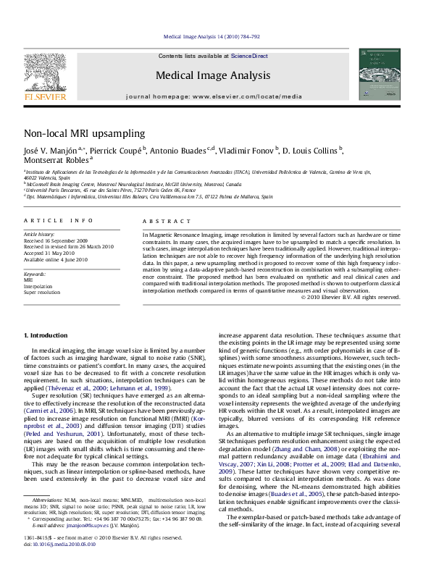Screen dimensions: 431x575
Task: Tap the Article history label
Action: click(x=40, y=235)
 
